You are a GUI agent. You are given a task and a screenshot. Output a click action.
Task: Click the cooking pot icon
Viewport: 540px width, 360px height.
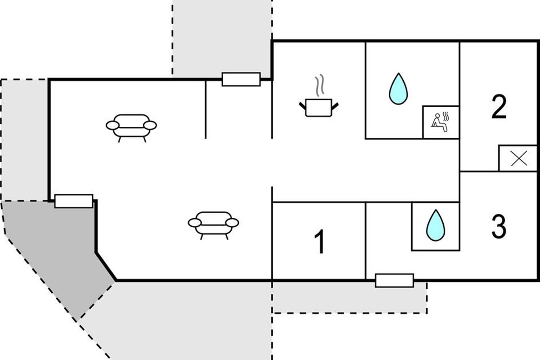pos(319,108)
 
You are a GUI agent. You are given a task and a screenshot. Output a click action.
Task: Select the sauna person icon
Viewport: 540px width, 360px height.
pos(441,122)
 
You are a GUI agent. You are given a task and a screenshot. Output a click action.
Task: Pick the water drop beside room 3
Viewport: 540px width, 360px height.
pos(435,225)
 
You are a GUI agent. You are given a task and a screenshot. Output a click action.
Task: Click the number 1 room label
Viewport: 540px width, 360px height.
pos(319,242)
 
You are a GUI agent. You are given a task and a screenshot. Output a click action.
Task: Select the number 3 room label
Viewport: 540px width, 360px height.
pos(499,226)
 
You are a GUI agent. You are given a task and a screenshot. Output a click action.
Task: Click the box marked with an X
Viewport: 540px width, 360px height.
pos(518,158)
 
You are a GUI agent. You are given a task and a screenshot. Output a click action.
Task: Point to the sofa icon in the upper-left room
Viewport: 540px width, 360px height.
pos(131,126)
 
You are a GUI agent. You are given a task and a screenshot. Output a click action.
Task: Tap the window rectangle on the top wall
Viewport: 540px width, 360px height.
pos(241,79)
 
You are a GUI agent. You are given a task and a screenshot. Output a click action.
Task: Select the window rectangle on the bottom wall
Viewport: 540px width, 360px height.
pos(394,280)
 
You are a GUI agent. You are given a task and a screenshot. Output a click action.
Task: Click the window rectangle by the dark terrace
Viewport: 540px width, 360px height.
pos(73,201)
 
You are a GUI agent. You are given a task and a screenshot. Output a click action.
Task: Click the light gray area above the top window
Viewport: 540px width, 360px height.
pos(222,36)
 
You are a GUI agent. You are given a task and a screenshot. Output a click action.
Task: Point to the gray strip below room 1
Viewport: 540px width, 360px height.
pos(349,297)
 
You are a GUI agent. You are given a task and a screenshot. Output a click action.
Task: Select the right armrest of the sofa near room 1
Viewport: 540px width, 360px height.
pos(233,222)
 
